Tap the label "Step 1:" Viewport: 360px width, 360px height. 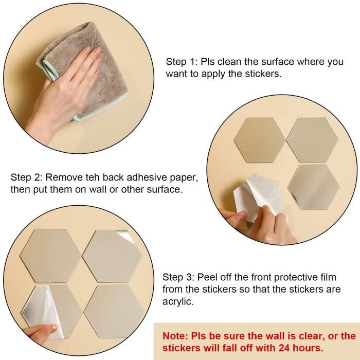pos(182,62)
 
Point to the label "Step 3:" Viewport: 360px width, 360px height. pos(178,277)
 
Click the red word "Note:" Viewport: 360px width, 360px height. pos(175,336)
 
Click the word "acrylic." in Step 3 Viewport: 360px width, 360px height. pos(178,301)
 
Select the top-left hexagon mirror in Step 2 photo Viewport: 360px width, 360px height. pos(260,140)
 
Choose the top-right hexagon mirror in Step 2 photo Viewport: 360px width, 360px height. pos(313,140)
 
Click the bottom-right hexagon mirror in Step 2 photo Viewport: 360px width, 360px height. pos(313,187)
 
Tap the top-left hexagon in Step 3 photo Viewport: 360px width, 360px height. pos(50,256)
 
